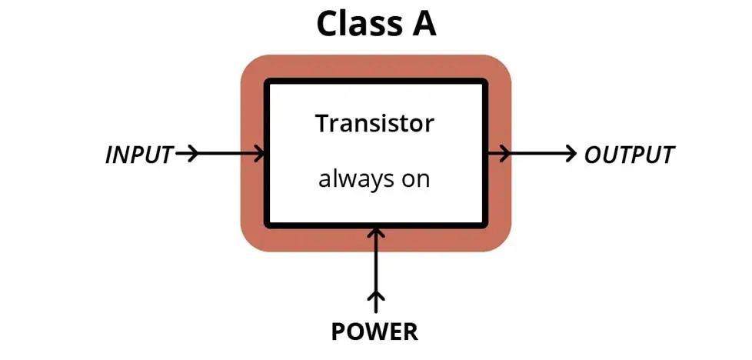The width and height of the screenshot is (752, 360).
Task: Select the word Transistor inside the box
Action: coord(374,123)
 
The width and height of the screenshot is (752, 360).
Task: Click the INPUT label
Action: coord(139,155)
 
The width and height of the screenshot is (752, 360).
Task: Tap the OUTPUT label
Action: coord(629,155)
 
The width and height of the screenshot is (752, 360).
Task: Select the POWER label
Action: coord(374,332)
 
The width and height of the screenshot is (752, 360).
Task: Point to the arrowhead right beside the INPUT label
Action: coord(191,154)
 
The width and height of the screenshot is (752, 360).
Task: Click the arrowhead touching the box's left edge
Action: coord(259,154)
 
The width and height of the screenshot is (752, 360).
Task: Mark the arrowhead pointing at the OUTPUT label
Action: coord(570,154)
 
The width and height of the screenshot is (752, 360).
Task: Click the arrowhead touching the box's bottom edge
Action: coord(375,232)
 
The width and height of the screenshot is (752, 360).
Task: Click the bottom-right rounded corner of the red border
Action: coord(501,242)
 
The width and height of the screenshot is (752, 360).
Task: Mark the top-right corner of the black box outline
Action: coord(485,82)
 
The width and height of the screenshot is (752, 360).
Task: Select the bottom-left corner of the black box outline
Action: coord(268,225)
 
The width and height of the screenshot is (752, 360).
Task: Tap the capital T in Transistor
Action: coord(322,123)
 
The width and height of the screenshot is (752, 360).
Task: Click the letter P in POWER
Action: coord(338,332)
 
